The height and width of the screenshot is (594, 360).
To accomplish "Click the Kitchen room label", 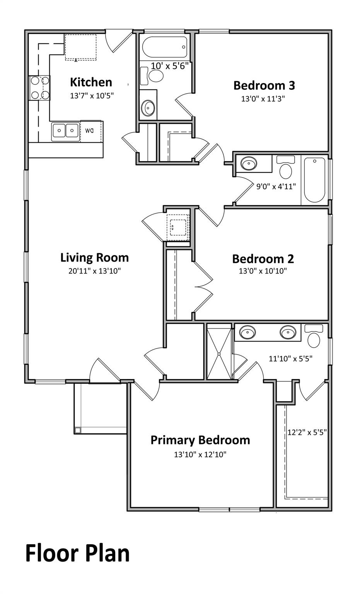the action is pos(91,82).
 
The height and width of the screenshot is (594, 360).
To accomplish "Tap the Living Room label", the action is pos(95,258).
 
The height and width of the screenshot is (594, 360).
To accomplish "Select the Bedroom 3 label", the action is pos(264,85).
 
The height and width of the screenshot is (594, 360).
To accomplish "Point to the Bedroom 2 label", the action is pos(263,259).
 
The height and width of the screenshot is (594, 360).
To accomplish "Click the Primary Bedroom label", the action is pos(200,440).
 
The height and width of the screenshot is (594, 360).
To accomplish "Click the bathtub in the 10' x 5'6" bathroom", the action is pos(165,47).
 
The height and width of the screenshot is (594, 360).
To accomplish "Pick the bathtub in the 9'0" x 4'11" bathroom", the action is pos(315,180).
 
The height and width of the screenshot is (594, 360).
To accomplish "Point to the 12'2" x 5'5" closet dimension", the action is pos(307,432).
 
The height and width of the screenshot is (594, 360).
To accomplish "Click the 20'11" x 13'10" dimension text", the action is pos(95,271).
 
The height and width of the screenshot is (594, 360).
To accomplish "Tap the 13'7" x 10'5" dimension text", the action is pos(92,96).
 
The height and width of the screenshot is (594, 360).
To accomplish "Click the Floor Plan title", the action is pos(77,553).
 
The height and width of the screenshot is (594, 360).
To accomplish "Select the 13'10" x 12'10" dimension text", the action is pos(200,454).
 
